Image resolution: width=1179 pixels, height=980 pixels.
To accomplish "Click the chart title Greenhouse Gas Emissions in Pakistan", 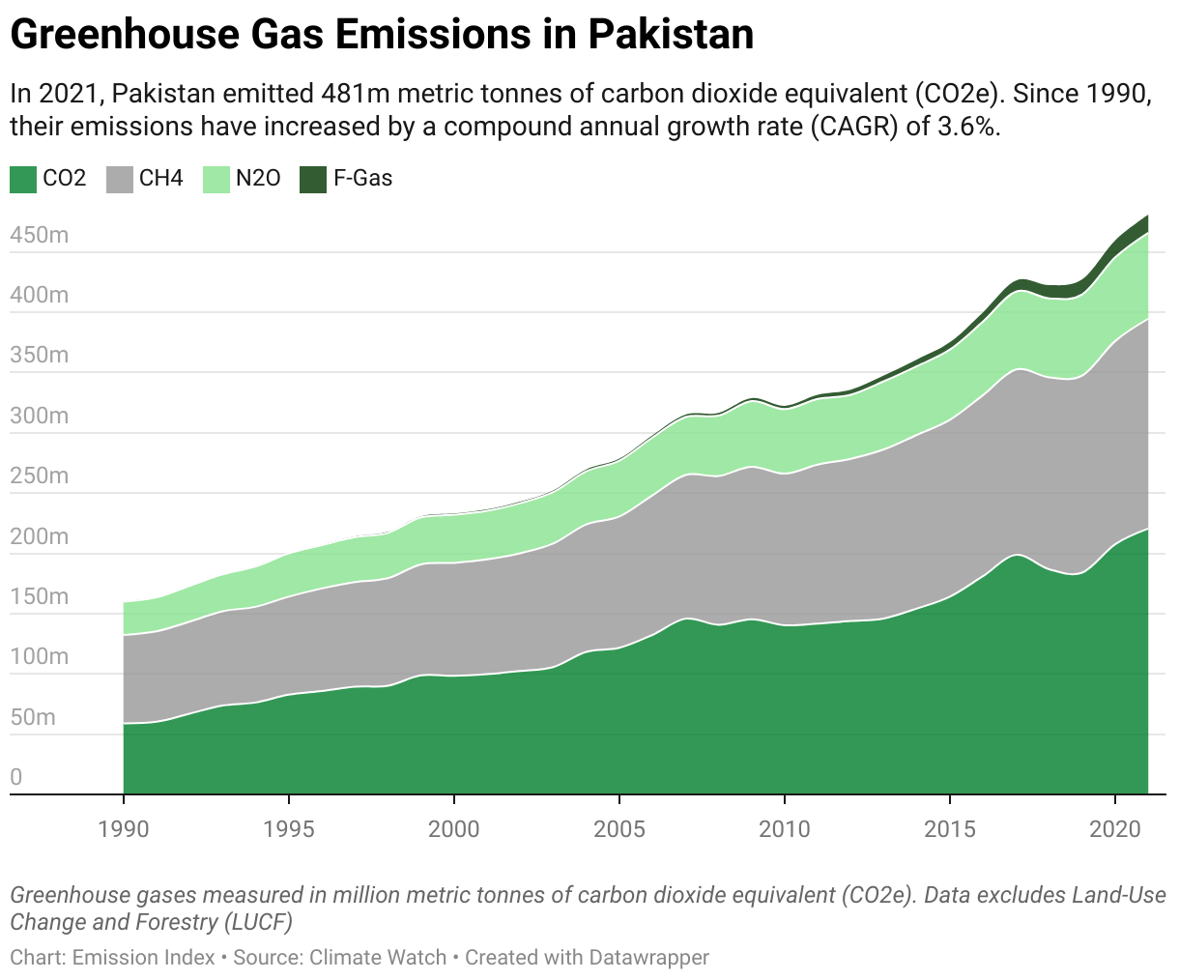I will pos(382,36).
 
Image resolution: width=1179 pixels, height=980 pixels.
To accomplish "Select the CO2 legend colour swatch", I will pos(23,179).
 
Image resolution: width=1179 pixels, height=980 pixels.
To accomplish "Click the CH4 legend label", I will pos(161,179).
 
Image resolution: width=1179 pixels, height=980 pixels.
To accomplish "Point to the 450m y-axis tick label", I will pos(39,235).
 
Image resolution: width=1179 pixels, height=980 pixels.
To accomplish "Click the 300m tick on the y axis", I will pos(39,416).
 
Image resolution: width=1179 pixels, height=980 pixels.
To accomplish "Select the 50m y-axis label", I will pos(33,717).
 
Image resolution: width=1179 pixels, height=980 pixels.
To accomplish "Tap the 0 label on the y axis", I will pos(16,777).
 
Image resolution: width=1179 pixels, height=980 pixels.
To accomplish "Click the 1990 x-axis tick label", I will pos(124,828).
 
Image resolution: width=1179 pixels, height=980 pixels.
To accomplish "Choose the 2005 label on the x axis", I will pos(619,828).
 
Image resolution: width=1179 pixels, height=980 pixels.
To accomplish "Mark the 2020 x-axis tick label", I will pos(1115,828).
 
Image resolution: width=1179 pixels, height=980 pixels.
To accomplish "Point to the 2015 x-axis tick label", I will pos(950,828).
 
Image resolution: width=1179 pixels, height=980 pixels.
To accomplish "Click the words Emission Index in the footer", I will pos(144,958).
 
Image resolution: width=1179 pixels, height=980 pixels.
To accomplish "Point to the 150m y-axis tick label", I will pos(39,596).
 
